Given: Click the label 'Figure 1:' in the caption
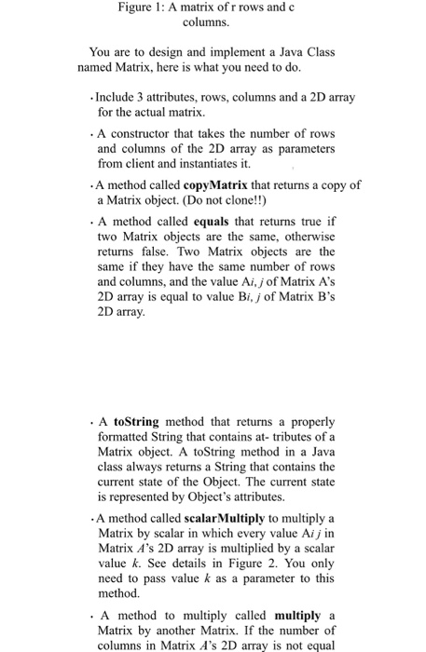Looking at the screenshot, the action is point(144,8).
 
